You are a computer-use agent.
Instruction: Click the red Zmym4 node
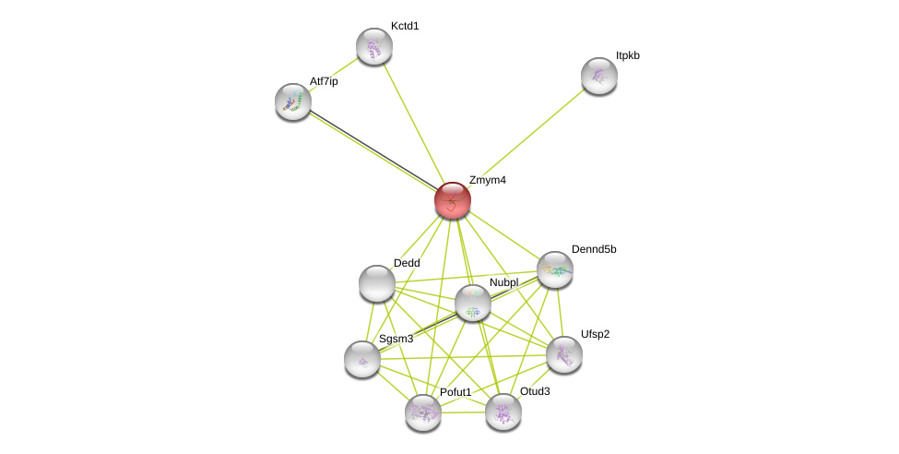point(453,200)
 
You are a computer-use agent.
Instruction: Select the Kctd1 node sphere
point(374,46)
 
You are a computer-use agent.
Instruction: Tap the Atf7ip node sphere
point(293,102)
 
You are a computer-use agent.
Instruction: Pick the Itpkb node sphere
point(599,76)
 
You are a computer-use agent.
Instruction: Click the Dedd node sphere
point(377,283)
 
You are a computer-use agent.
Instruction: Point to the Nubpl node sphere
point(473,303)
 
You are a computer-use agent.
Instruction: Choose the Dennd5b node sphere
point(555,269)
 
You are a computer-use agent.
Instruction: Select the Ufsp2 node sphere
point(564,353)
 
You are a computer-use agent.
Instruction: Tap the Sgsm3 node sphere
point(362,359)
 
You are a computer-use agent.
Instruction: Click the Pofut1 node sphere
point(423,412)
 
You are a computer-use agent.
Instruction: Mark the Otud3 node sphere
point(503,412)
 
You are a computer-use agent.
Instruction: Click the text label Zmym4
point(487,180)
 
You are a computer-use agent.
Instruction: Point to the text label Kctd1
point(405,26)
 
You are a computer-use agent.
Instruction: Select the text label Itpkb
point(628,55)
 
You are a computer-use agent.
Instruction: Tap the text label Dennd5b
point(594,249)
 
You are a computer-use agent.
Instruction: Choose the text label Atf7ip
point(324,81)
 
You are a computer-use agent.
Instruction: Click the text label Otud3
point(535,391)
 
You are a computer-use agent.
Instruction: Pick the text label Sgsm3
point(396,339)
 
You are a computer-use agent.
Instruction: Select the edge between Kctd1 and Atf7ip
point(333,75)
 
